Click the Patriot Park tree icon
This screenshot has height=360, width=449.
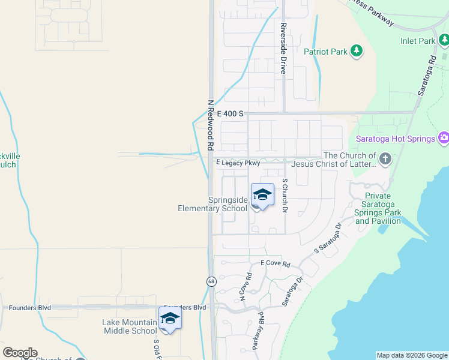coord(357,51)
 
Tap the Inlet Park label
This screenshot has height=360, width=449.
coord(418,41)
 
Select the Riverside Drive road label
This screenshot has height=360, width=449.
coord(283,49)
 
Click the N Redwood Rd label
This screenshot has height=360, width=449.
coord(211,125)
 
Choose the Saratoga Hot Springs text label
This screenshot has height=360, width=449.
coord(395,139)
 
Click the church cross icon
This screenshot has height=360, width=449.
coord(385,160)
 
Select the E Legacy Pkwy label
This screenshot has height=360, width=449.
coord(238,163)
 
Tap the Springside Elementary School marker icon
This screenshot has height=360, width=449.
coord(262,196)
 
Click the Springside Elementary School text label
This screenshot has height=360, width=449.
coord(212,204)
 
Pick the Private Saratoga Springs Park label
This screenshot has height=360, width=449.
coord(378,208)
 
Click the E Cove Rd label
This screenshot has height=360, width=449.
coord(275,263)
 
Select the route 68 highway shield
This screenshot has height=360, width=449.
coord(211,281)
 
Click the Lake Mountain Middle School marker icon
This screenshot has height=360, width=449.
coord(170,319)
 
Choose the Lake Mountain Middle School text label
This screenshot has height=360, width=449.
coord(130,326)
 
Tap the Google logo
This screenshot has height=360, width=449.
coord(20,353)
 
